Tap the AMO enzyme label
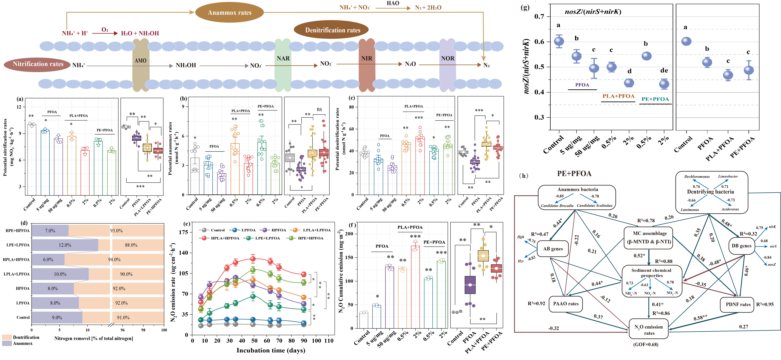(140, 61)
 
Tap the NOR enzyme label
(447, 58)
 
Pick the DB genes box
(741, 246)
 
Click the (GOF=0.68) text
(646, 345)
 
